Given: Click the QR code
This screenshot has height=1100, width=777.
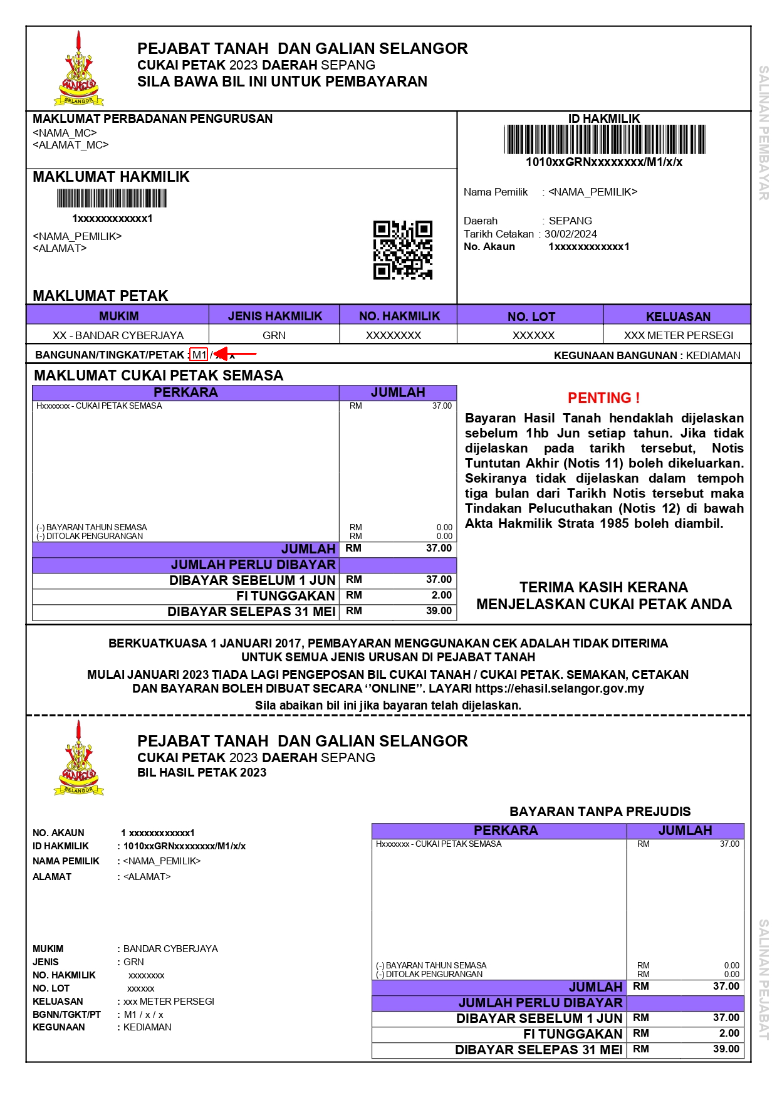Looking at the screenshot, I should tap(403, 249).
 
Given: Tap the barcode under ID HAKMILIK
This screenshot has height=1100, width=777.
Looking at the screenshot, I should tap(604, 139).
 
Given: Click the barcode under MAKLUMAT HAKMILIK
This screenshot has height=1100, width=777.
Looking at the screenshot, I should tap(112, 199).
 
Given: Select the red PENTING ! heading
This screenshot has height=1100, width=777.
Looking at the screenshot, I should tap(603, 398).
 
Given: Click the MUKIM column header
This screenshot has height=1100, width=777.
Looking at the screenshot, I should tap(118, 316).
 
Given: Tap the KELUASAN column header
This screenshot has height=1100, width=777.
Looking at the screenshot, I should tap(678, 317).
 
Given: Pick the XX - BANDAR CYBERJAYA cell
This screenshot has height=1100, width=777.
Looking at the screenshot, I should tap(118, 335).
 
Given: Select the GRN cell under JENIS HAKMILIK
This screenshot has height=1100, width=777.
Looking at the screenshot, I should tap(274, 335).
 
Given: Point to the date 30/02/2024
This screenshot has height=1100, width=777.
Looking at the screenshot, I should tap(570, 234).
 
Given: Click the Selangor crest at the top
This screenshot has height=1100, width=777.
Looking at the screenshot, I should tap(79, 69).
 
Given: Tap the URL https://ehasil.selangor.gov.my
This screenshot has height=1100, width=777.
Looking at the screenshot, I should tap(560, 688).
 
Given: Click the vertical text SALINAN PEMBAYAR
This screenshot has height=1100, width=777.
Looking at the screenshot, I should tap(763, 133).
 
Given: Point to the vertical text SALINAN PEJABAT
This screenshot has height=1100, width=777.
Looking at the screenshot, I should tap(763, 979).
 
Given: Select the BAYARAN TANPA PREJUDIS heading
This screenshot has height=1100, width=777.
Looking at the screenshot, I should tap(600, 812).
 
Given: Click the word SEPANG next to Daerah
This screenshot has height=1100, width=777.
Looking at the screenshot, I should tap(570, 221).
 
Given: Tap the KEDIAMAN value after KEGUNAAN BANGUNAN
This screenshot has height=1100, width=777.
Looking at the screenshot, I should tap(713, 355).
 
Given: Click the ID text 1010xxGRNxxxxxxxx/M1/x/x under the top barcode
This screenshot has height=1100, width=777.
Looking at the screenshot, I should tap(604, 162).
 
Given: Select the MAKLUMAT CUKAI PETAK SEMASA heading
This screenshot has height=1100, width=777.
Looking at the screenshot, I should tap(159, 375).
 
